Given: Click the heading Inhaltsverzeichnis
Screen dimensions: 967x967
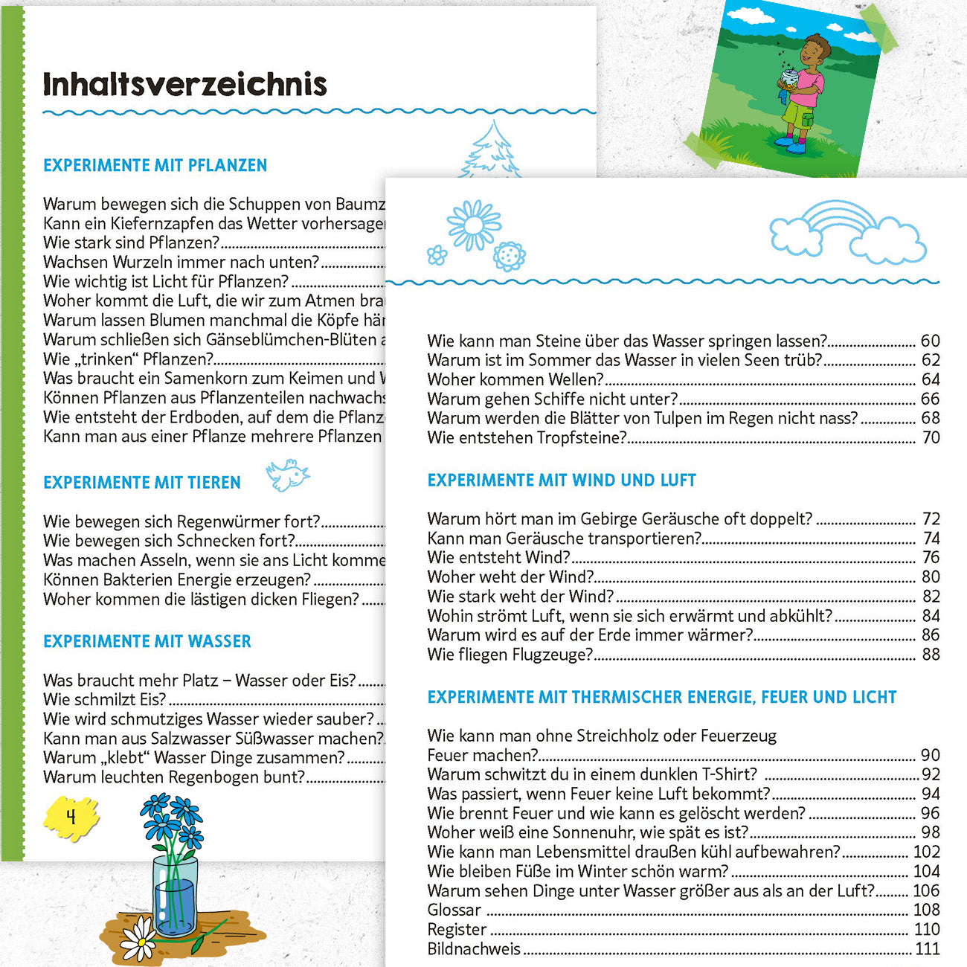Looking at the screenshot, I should coord(184,84).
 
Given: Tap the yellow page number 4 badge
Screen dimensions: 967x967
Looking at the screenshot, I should coord(71,817).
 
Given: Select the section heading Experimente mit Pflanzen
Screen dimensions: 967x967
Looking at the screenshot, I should coord(155,165).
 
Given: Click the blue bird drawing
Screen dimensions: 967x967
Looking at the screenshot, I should coord(287,475).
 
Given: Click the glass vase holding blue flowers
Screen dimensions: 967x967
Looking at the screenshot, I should coord(176,896).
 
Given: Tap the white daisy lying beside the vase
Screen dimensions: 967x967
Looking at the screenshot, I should coord(138,939).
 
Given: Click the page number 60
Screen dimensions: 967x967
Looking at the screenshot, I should coord(930,341).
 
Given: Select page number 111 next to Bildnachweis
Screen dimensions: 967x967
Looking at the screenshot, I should coord(928,948).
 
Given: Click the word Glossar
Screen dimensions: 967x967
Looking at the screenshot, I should coord(454,910).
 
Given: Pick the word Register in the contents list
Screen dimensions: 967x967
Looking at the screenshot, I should coord(457,929).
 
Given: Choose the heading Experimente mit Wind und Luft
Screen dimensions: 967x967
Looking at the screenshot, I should coord(562,481).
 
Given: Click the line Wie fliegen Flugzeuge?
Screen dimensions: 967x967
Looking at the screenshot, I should coord(510,655).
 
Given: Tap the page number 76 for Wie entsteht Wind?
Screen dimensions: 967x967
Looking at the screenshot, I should coord(931,557).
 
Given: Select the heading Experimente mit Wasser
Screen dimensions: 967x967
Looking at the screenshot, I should coord(147,641).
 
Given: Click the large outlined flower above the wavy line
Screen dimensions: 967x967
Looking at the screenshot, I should coord(474,225).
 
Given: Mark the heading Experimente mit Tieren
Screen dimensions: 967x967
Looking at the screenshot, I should coord(142,483).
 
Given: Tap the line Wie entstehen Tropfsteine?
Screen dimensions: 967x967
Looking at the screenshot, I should coord(527,437).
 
